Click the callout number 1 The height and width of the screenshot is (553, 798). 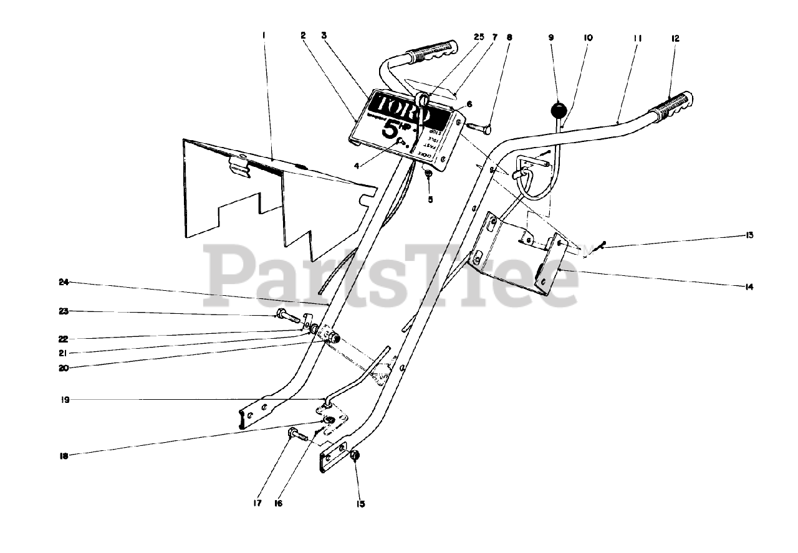[x=264, y=37]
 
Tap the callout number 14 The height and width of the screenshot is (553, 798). [x=749, y=287]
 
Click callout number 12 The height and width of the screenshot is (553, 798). [x=675, y=38]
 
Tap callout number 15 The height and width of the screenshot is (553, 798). [x=360, y=503]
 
